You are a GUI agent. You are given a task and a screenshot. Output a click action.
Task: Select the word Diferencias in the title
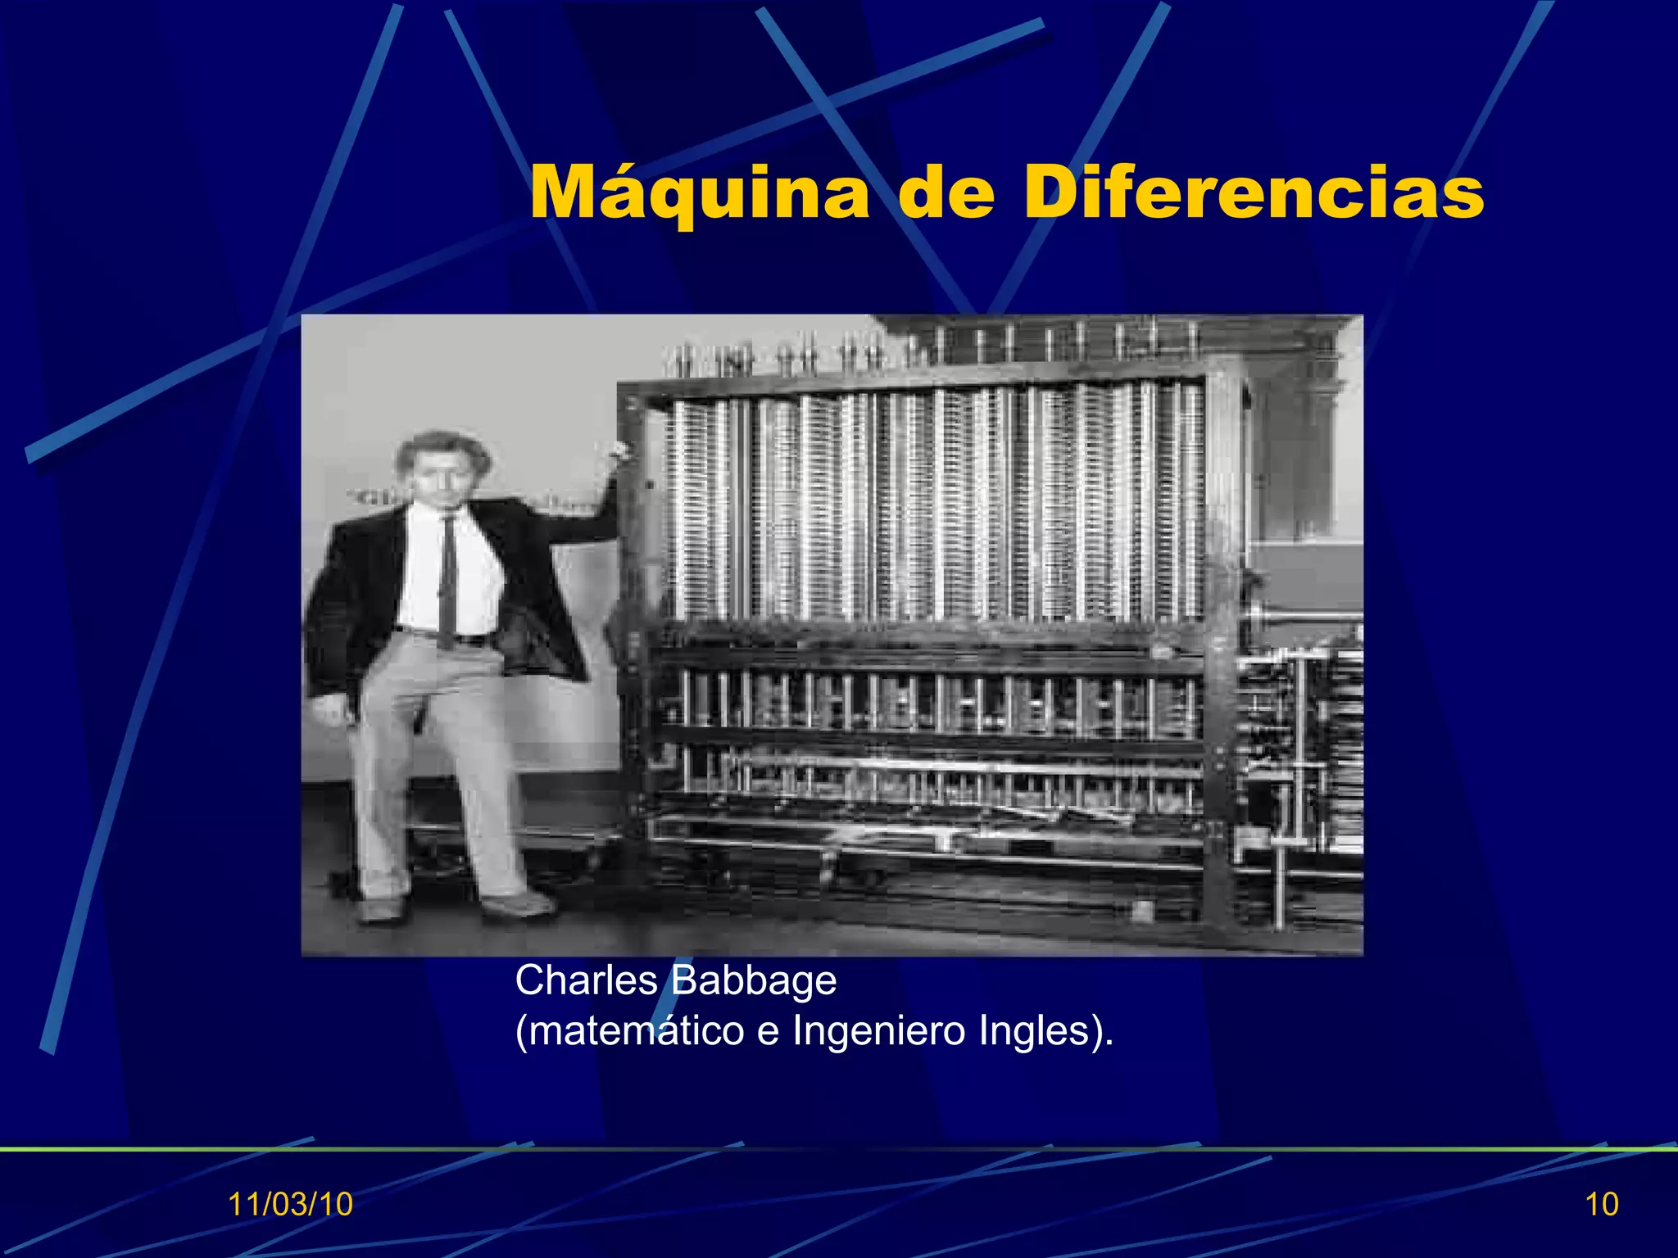1254,193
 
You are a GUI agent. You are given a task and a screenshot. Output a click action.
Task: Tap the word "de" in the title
946,193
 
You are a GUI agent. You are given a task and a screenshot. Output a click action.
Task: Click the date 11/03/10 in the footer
290,1204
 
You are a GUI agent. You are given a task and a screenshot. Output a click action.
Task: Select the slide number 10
1602,1204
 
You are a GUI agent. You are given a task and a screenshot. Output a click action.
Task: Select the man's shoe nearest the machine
516,904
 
